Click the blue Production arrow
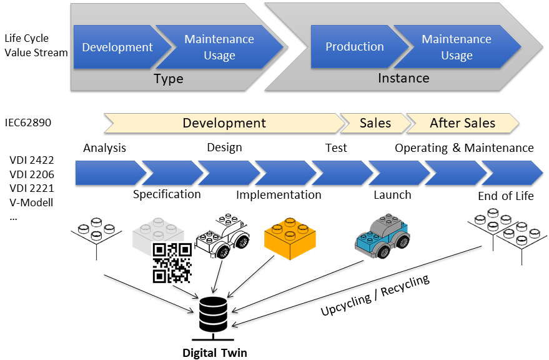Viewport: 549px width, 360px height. click(x=354, y=47)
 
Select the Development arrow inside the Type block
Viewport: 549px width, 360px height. click(x=117, y=47)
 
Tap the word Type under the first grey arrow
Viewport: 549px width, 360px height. click(x=169, y=79)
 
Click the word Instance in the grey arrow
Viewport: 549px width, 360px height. click(x=403, y=78)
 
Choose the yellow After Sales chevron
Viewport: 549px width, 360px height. click(x=462, y=123)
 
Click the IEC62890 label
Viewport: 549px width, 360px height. click(x=27, y=123)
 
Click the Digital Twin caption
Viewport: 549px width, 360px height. click(x=214, y=352)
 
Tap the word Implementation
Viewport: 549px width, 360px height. click(x=279, y=194)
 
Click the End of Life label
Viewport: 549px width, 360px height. click(x=505, y=196)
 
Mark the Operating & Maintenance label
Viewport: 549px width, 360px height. click(x=463, y=148)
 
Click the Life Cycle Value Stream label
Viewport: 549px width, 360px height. click(x=36, y=45)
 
